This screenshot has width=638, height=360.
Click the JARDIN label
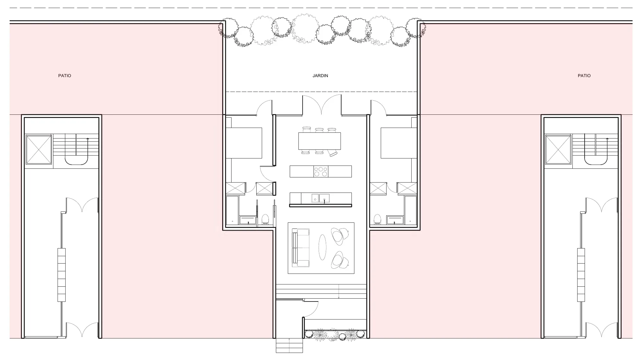(x=320, y=76)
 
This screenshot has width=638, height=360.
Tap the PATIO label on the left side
(x=65, y=76)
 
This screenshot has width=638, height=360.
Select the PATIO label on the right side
(x=584, y=76)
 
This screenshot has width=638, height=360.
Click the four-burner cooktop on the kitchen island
(x=321, y=171)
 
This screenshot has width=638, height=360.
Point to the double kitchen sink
(x=320, y=198)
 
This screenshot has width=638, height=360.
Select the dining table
(x=319, y=141)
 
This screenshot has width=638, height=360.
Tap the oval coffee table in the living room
(x=323, y=247)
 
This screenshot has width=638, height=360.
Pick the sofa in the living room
(x=300, y=248)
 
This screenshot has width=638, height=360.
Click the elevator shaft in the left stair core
(x=39, y=149)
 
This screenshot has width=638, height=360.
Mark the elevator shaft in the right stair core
(x=558, y=149)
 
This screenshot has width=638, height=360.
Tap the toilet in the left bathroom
(x=265, y=219)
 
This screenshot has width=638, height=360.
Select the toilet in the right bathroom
(x=378, y=219)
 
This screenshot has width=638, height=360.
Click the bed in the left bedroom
(x=244, y=143)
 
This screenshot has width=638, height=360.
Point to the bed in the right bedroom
(x=399, y=143)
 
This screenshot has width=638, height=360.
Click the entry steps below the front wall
(x=289, y=346)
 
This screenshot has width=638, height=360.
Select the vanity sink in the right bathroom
(x=395, y=220)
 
